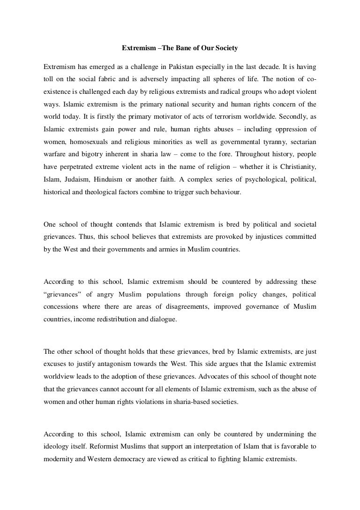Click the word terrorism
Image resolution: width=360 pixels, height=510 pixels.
[234, 117]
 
